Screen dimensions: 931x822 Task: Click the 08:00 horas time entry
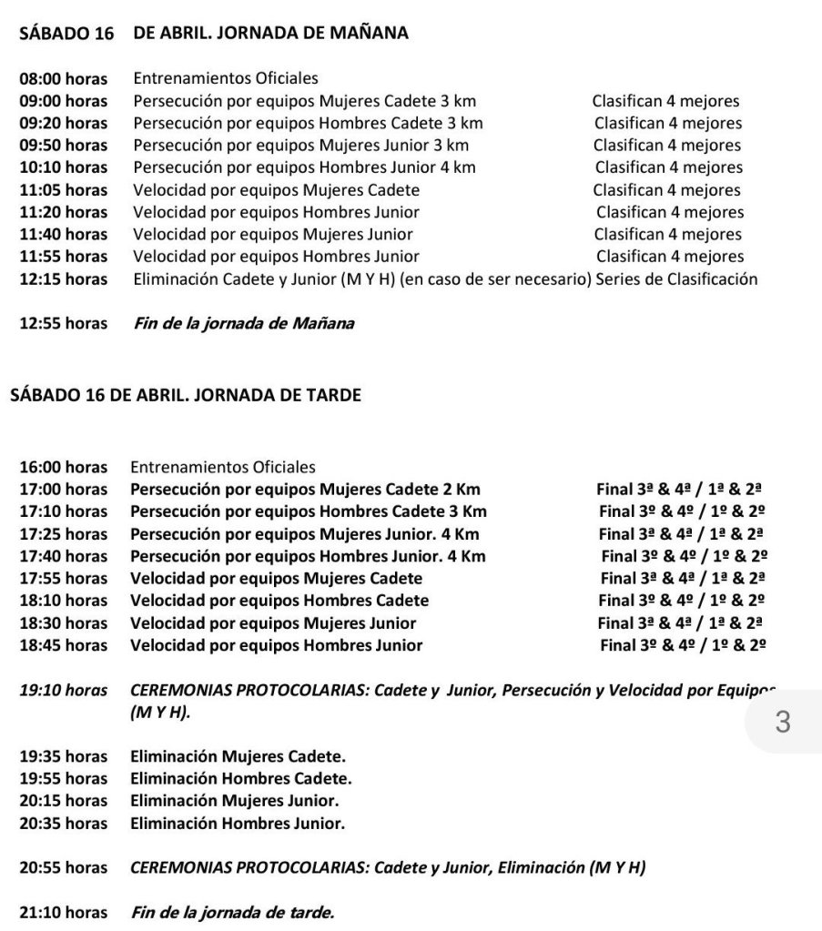pos(63,79)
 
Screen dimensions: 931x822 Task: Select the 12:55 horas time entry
pos(63,323)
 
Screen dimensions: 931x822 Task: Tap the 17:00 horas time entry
pos(63,490)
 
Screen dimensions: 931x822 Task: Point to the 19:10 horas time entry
pos(63,691)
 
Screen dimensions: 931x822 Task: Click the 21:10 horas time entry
pos(63,912)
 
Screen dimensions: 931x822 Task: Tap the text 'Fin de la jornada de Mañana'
pos(243,323)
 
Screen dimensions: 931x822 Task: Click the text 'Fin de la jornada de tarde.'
pos(233,912)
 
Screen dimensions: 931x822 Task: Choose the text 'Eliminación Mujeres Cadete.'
pos(238,757)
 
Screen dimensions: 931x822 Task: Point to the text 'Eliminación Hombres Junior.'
pos(238,824)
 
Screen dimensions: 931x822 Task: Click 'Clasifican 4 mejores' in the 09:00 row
pos(665,101)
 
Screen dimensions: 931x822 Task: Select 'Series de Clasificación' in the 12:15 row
pos(677,279)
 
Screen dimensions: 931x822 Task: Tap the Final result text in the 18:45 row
pos(683,645)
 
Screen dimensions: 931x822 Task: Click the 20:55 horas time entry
pos(63,868)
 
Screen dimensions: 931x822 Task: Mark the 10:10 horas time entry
pos(63,167)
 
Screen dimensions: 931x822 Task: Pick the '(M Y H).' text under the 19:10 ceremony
pos(161,714)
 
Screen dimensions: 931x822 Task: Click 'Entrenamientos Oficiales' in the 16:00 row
pos(223,468)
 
